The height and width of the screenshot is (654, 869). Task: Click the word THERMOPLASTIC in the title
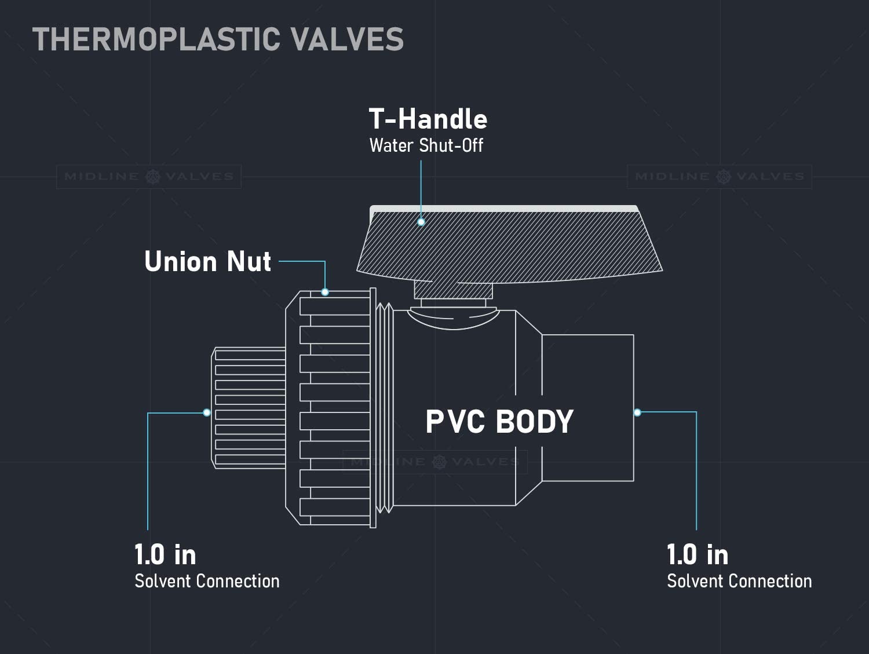point(156,39)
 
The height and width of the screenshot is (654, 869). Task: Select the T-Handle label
point(428,119)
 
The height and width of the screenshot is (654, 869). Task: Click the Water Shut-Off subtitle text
point(426,145)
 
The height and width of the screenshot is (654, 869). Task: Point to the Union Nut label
point(207,261)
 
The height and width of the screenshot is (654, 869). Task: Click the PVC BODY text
point(499,422)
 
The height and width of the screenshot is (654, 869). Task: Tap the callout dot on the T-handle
point(421,222)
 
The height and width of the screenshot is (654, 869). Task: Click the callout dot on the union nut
point(325,292)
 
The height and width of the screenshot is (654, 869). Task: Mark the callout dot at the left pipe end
point(207,412)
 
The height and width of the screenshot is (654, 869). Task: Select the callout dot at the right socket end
point(637,412)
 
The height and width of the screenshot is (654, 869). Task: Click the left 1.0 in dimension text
point(165,554)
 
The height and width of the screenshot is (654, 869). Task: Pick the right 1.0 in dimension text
point(698,554)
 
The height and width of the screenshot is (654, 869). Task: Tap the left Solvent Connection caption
point(207,581)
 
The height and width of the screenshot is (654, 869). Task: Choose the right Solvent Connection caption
point(740,581)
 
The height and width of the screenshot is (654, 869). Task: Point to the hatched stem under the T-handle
point(453,290)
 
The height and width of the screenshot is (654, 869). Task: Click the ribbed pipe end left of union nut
point(248,408)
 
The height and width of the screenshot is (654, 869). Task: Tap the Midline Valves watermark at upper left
point(149,177)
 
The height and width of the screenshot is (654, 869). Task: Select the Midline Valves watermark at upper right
point(720,177)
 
